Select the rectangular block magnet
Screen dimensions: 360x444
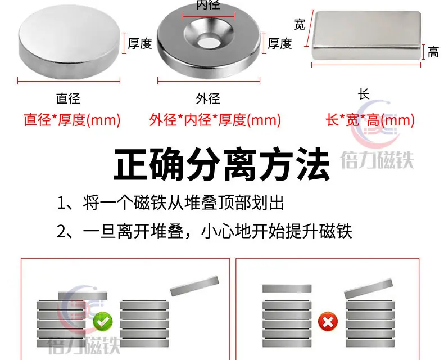pos(366,35)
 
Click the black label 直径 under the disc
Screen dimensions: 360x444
pos(68,98)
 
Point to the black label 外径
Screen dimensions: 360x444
pos(208,98)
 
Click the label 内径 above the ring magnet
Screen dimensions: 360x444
pos(208,5)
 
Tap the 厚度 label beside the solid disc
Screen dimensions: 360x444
pos(140,43)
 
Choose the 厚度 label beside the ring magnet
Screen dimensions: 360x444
pos(280,43)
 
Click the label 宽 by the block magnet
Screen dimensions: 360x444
pos(300,24)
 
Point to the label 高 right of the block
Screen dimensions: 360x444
pos(433,52)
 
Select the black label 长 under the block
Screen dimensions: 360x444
pos(364,94)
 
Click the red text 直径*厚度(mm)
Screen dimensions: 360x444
pos(72,120)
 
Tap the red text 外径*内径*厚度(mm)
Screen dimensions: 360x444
pos(215,120)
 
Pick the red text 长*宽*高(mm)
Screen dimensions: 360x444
pos(370,120)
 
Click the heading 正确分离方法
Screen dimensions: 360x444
pos(221,163)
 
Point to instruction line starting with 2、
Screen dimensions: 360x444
pos(205,231)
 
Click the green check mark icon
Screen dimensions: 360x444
pos(103,322)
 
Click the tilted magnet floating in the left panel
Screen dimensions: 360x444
pos(194,286)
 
